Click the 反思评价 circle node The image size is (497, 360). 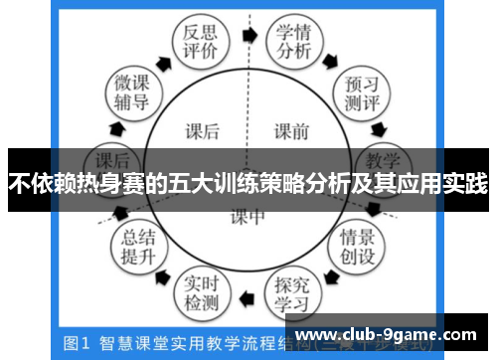[x=195, y=42]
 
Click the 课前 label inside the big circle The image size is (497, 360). [x=292, y=129]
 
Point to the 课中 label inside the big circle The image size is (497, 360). [x=248, y=216]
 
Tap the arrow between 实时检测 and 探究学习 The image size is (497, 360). [x=248, y=299]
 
